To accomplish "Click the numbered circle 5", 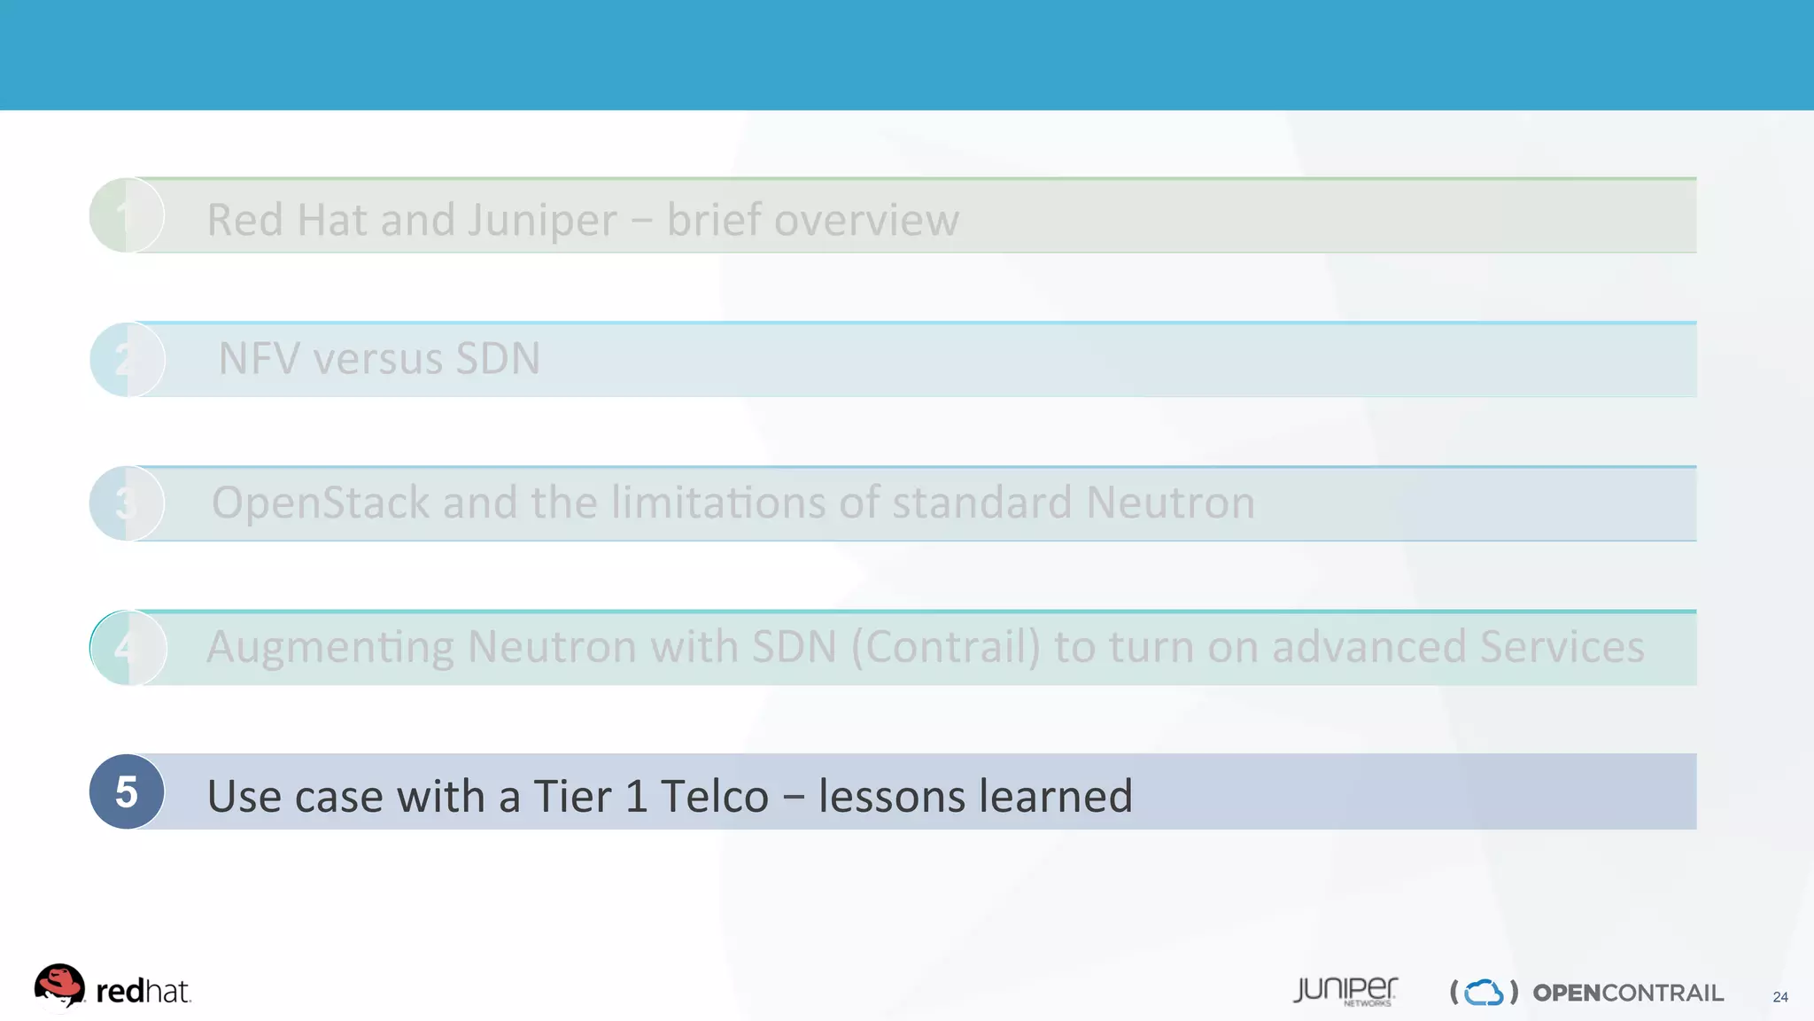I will [127, 791].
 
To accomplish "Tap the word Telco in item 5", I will [714, 796].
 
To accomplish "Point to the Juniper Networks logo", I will [1345, 991].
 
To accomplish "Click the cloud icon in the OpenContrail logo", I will [1484, 993].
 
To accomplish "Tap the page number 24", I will [1780, 997].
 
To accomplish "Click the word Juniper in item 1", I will [542, 221].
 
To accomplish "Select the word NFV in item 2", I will [259, 359].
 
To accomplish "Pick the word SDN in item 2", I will [497, 359].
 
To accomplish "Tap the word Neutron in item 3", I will [1170, 503].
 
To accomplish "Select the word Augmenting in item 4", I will [329, 648].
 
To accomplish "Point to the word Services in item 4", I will [1562, 647].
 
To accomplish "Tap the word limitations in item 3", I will [718, 503].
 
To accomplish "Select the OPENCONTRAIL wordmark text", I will [1628, 994].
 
